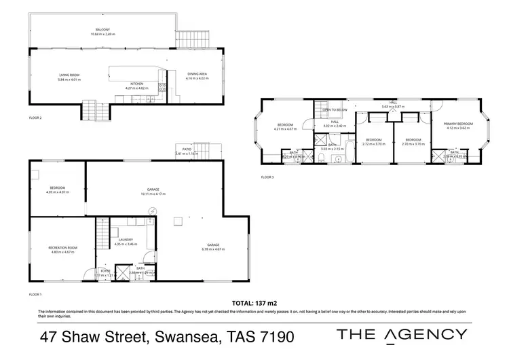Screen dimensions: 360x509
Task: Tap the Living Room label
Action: pyautogui.click(x=69, y=75)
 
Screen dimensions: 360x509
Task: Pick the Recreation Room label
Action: pyautogui.click(x=62, y=247)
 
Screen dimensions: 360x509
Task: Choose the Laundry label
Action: pyautogui.click(x=126, y=240)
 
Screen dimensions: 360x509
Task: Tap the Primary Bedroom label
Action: pyautogui.click(x=457, y=124)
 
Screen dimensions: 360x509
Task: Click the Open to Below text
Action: pyautogui.click(x=335, y=109)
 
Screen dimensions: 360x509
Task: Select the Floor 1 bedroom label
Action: pyautogui.click(x=57, y=187)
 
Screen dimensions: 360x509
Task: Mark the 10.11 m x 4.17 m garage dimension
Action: pyautogui.click(x=153, y=194)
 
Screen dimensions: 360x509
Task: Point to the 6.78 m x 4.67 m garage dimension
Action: pyautogui.click(x=214, y=249)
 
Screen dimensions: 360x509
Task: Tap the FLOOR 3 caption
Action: pyautogui.click(x=267, y=177)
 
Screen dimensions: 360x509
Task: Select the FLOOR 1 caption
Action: pyautogui.click(x=35, y=294)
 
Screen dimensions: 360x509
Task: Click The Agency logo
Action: pyautogui.click(x=402, y=334)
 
